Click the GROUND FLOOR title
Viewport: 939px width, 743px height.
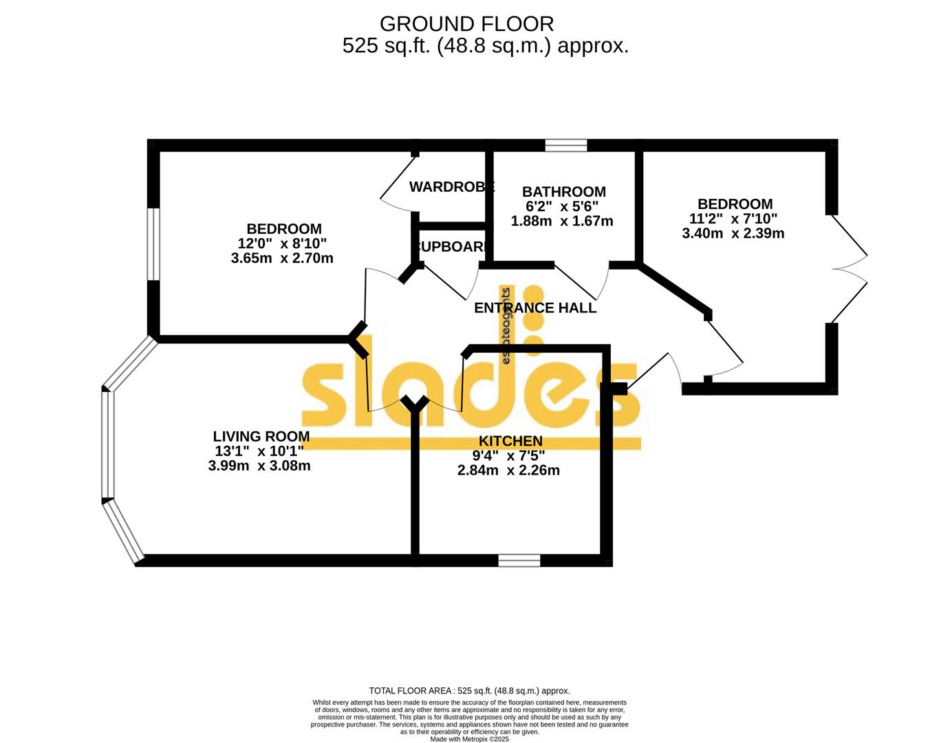click(x=466, y=24)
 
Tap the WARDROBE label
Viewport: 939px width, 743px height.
click(x=451, y=186)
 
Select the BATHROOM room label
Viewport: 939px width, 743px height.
click(x=563, y=192)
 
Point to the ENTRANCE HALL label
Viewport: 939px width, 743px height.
click(x=535, y=308)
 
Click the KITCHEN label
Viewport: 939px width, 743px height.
click(x=510, y=441)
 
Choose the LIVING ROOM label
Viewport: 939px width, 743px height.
click(x=261, y=436)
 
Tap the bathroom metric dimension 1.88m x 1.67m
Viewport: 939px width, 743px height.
click(x=561, y=222)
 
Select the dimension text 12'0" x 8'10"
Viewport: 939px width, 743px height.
click(x=282, y=244)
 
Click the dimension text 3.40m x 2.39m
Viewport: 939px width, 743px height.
click(x=733, y=233)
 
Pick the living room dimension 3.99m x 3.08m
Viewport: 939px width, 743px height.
click(x=259, y=466)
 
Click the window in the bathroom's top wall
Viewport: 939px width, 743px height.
click(x=566, y=145)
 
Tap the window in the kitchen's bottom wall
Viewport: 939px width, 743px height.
click(x=519, y=561)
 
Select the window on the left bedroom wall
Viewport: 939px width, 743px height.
click(x=154, y=244)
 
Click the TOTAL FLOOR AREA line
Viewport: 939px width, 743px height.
click(x=469, y=691)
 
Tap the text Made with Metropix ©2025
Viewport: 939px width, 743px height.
click(x=469, y=739)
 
